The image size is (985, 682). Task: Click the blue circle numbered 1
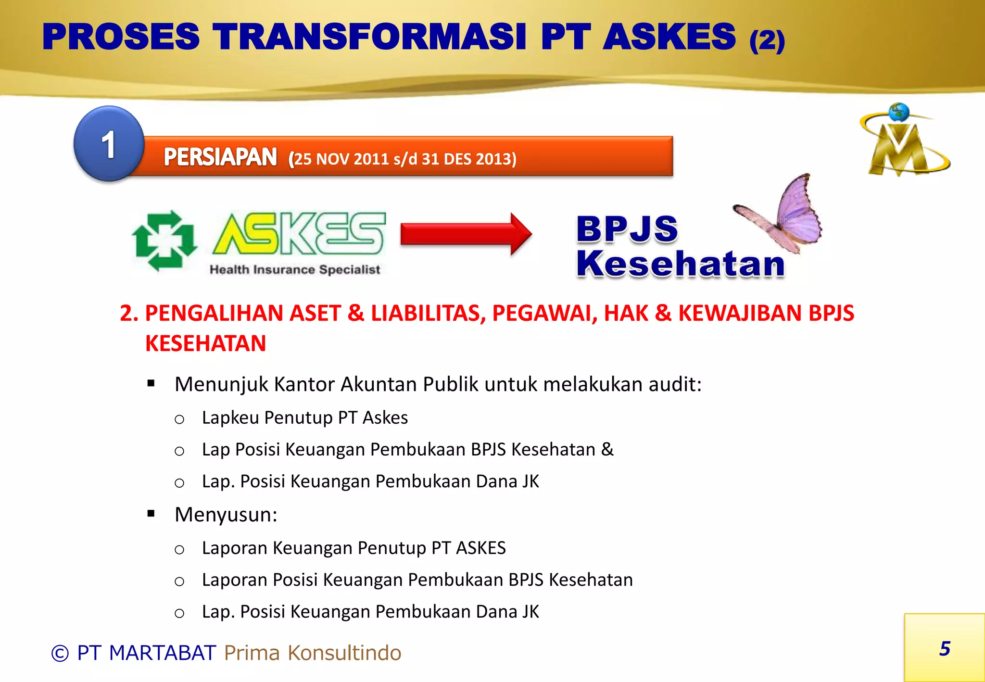coord(109,144)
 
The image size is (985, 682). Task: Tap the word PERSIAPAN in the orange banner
coord(220,157)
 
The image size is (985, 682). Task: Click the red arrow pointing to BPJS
coord(466,234)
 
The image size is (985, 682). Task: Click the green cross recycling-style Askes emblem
coord(164,240)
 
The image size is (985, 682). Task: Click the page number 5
coord(945,649)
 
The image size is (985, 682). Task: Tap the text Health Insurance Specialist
coord(294,270)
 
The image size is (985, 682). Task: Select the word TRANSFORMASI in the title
coord(370,37)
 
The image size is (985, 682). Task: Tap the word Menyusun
coord(226,515)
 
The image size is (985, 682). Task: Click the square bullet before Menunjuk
coord(152,383)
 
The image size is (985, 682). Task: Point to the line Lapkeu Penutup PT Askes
coord(304,417)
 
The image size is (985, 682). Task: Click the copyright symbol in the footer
coord(60,653)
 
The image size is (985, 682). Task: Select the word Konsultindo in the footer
coord(344,653)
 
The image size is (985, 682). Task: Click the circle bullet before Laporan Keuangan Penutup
coord(179,550)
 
